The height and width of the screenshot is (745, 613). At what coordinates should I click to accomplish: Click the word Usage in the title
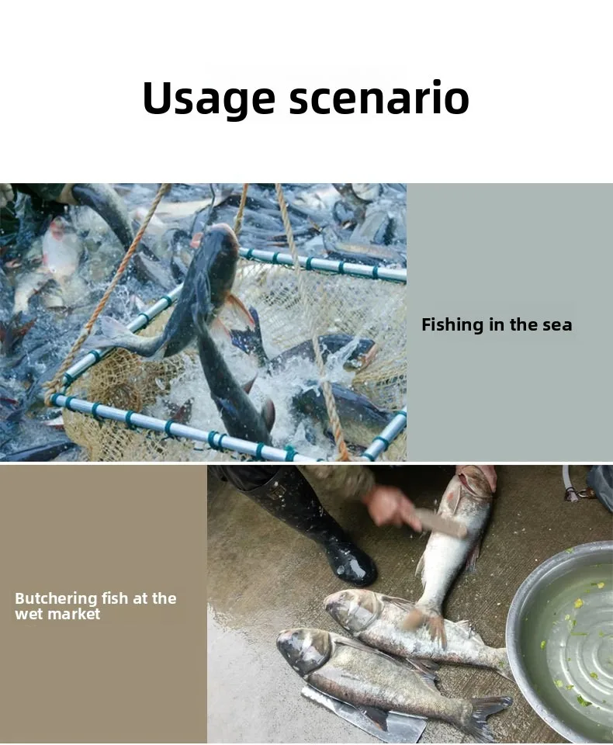click(209, 99)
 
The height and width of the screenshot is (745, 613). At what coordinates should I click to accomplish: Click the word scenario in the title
click(379, 98)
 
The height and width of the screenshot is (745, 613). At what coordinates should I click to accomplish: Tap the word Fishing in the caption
click(452, 325)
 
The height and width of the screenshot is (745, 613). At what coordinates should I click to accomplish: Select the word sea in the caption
click(559, 325)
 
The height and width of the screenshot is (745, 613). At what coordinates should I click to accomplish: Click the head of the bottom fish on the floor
click(304, 649)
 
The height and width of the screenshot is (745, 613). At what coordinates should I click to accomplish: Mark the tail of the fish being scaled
click(430, 622)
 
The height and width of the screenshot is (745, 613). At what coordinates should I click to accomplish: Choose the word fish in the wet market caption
click(115, 598)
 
